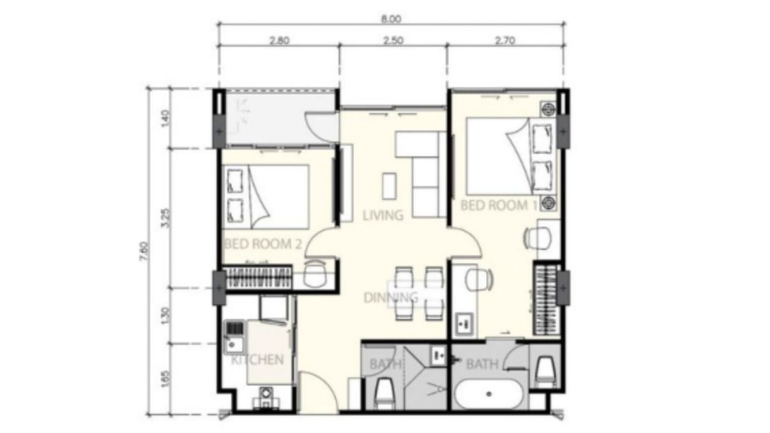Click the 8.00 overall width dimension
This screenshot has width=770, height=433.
(391, 19)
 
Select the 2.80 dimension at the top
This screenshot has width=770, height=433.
(280, 40)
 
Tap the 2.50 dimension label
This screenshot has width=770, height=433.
(393, 40)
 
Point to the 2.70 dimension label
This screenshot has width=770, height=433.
(505, 40)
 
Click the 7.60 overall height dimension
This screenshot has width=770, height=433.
(145, 251)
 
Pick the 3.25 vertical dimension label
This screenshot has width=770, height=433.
(165, 218)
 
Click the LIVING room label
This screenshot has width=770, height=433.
(383, 215)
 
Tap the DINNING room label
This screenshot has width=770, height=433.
(391, 298)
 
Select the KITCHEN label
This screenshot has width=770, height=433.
(257, 360)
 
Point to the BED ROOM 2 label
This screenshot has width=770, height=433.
(263, 244)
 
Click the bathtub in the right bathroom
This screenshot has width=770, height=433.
(489, 394)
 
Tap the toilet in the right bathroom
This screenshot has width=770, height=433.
(546, 370)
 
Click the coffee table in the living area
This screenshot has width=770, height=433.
(389, 186)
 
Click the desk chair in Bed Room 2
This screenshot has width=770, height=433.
(315, 273)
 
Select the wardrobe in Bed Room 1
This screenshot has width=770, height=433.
(547, 299)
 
